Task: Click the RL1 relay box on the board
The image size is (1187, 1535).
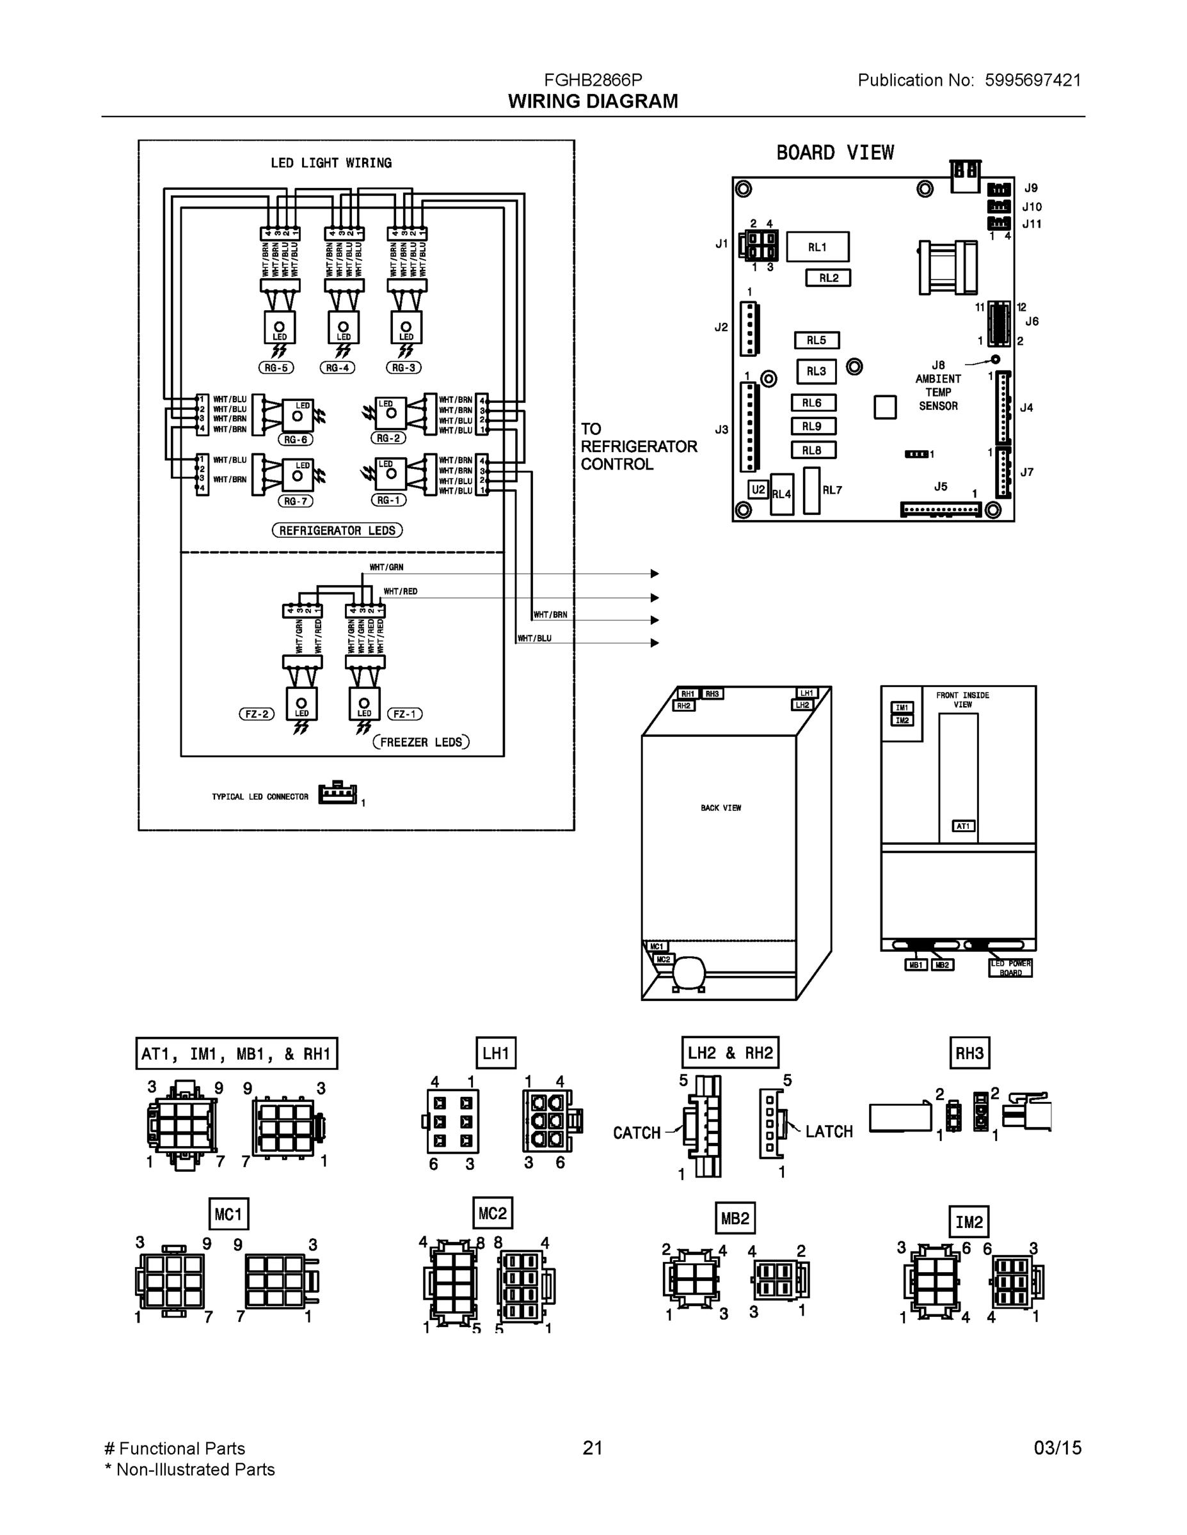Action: pyautogui.click(x=817, y=247)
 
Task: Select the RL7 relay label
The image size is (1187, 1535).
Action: pyautogui.click(x=832, y=490)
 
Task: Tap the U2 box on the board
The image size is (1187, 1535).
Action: pyautogui.click(x=758, y=489)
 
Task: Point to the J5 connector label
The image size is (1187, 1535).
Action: pyautogui.click(x=940, y=486)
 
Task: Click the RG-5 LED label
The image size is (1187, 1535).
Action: pyautogui.click(x=276, y=368)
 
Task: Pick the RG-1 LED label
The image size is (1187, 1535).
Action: pyautogui.click(x=388, y=500)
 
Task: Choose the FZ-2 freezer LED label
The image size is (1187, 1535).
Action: pyautogui.click(x=256, y=714)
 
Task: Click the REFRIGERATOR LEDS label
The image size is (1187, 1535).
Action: pyautogui.click(x=337, y=531)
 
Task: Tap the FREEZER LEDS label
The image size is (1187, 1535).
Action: pyautogui.click(x=420, y=742)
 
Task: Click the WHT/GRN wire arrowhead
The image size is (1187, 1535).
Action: pyautogui.click(x=655, y=574)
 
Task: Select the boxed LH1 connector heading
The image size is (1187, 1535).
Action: pyautogui.click(x=496, y=1053)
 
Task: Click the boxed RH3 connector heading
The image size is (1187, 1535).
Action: pyautogui.click(x=969, y=1053)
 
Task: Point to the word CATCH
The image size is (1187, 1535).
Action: pyautogui.click(x=637, y=1132)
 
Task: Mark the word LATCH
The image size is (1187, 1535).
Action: pyautogui.click(x=829, y=1131)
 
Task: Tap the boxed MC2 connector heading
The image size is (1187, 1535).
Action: pyautogui.click(x=492, y=1213)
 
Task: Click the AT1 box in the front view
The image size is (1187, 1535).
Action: pyautogui.click(x=962, y=826)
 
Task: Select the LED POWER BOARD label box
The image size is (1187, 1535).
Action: pyautogui.click(x=1010, y=968)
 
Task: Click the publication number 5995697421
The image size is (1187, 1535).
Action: pyautogui.click(x=1032, y=80)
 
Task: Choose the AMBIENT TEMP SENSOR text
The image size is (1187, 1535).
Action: pyautogui.click(x=938, y=392)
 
